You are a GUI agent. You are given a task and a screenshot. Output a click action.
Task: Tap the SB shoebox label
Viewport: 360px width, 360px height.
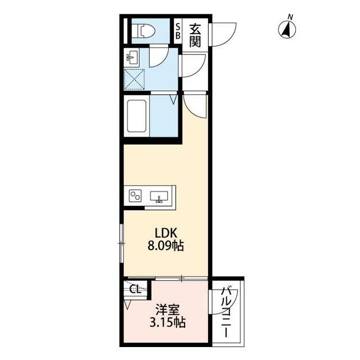(178, 31)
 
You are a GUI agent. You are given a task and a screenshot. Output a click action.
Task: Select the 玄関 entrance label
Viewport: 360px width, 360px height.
(195, 35)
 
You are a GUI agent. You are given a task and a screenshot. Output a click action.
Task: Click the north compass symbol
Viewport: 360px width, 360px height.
(287, 30)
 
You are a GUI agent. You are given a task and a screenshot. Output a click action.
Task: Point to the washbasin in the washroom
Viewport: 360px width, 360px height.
(132, 57)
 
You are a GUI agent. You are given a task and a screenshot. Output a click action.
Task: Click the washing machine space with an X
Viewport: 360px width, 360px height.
(134, 79)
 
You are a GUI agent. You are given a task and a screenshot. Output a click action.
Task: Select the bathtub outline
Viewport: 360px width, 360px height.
(137, 116)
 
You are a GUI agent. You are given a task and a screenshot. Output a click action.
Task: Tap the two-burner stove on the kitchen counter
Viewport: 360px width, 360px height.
(135, 196)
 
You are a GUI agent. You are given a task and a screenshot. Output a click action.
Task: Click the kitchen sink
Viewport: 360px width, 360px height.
(159, 197)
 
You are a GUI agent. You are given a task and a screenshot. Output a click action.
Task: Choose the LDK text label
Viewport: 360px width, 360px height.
(166, 233)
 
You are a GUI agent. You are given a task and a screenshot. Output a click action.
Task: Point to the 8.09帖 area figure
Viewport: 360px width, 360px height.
(166, 246)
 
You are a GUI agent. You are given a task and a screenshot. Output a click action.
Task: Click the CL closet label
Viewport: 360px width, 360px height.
(135, 289)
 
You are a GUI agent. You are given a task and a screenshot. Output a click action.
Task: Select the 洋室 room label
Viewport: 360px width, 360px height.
(168, 310)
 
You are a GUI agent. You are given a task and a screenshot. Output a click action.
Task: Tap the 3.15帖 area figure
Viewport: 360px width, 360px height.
(168, 322)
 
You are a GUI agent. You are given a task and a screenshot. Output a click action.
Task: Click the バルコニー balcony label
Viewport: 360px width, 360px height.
(226, 312)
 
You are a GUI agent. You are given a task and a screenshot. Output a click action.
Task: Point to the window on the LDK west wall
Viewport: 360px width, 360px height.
(121, 243)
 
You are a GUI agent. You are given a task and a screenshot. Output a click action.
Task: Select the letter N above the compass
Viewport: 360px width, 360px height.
(290, 17)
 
